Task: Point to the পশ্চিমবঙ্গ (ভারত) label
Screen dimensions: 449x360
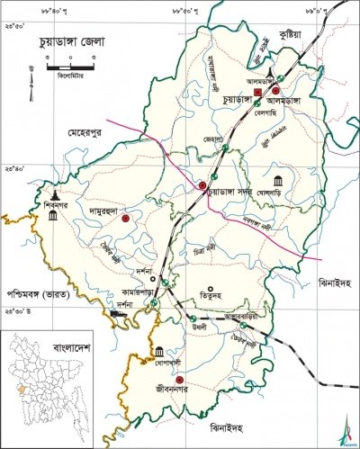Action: click(x=40, y=293)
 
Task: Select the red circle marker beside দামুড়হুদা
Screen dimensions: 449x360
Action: click(x=126, y=218)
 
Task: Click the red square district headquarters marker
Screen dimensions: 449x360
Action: click(x=256, y=93)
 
